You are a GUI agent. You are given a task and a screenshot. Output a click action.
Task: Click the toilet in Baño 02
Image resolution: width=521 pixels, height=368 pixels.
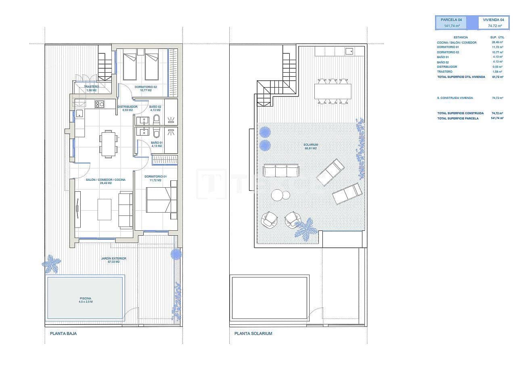pos(157,119)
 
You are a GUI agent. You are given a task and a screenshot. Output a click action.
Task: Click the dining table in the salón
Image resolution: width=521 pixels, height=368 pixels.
pos(108,144)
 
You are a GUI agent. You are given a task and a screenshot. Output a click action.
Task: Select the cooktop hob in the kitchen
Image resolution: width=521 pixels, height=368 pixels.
pos(99,105)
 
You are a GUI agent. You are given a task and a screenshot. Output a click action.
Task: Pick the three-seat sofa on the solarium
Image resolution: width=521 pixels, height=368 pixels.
pos(280,170)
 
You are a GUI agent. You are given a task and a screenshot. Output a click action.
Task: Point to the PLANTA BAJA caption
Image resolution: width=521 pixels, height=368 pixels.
pos(63,334)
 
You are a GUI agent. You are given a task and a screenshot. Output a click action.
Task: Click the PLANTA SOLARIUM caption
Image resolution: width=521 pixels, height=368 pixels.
pos(253,334)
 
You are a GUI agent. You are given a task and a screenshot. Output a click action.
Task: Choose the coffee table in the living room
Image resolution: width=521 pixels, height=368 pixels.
pos(105,209)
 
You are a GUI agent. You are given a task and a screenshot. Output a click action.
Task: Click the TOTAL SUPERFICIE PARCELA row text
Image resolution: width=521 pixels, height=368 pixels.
pos(458,118)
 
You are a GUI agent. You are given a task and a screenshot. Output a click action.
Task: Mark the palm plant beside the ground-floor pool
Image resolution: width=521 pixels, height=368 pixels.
pos(52,264)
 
